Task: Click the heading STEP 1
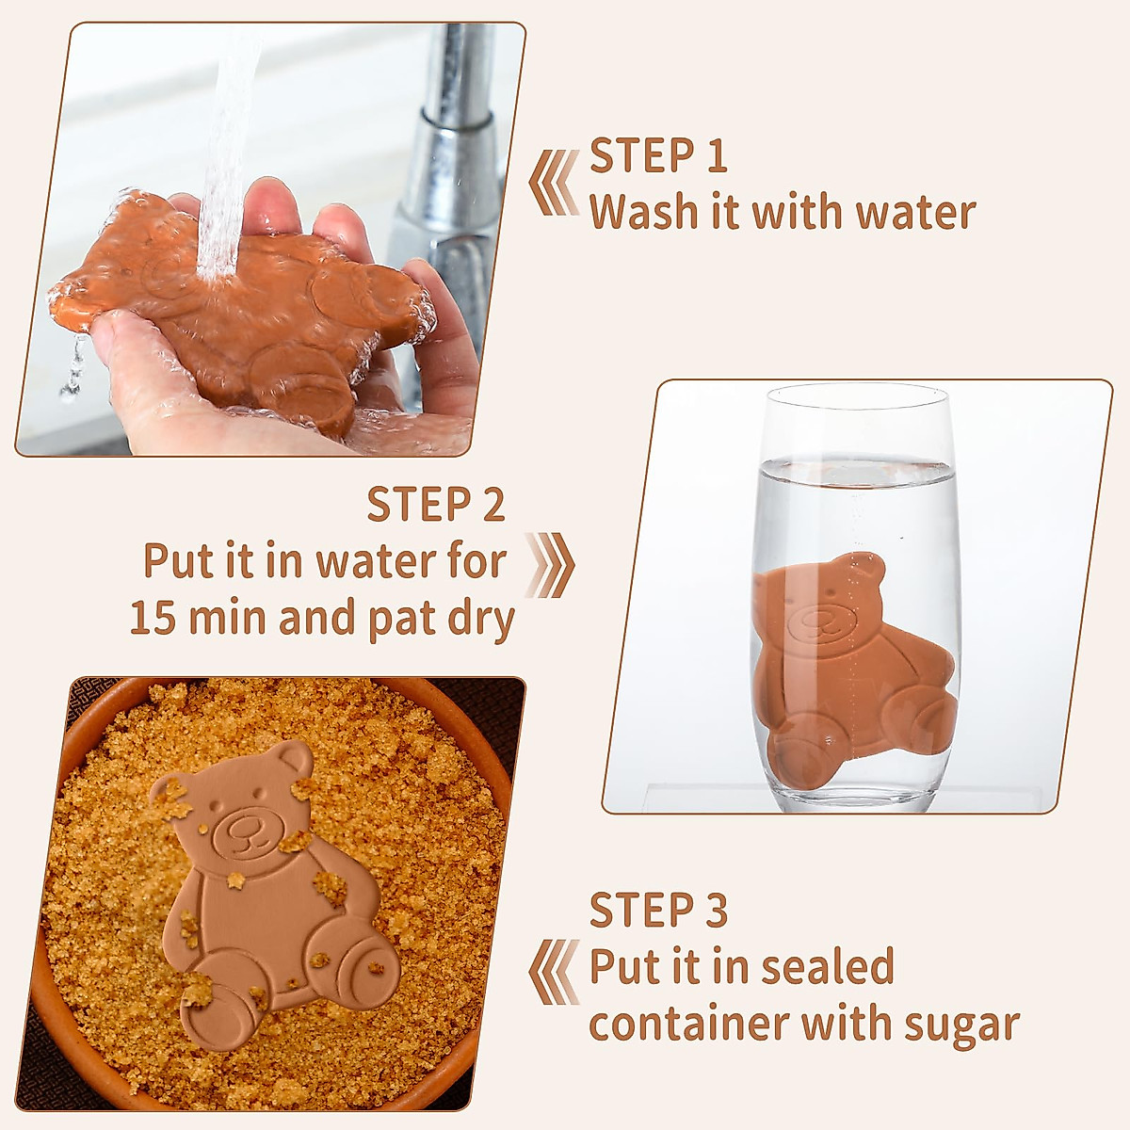[x=658, y=156]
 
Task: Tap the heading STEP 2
[x=436, y=506]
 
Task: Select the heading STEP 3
[x=658, y=911]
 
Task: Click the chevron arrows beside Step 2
[x=550, y=565]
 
